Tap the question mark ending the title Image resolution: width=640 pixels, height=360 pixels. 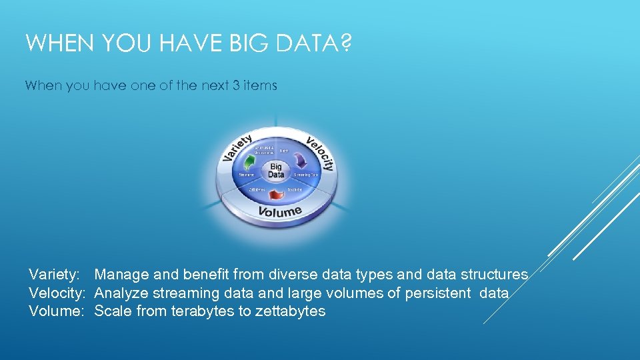pos(345,45)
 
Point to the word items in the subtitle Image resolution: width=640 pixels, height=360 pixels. pos(259,85)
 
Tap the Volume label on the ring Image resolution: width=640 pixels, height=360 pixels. pos(280,212)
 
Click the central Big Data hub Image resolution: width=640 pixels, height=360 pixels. pos(276,171)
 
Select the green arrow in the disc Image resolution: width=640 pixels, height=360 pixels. pos(250,163)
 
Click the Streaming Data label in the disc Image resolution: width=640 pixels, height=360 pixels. pos(307,175)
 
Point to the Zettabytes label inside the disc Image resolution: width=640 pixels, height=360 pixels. pos(257,189)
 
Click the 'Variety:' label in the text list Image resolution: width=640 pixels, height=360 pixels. pos(55,274)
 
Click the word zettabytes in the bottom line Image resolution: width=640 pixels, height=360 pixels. pos(290,311)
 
